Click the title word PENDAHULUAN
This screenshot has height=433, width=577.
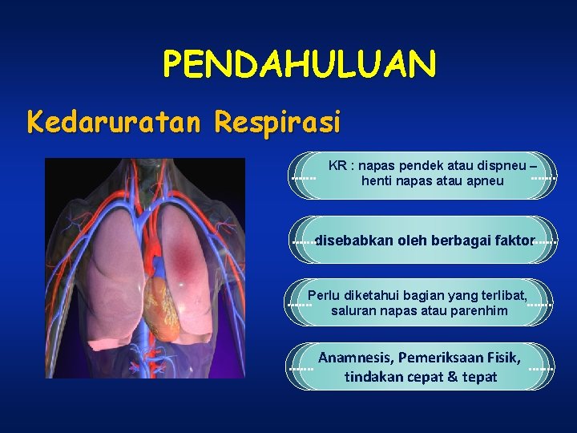point(300,64)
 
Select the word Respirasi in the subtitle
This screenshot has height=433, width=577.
point(277,123)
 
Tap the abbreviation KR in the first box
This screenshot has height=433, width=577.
point(337,165)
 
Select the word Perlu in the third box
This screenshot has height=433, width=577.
point(324,294)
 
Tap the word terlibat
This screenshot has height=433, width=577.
point(499,294)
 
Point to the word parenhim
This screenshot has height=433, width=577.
point(480,310)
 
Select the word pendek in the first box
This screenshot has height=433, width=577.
point(423,165)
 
